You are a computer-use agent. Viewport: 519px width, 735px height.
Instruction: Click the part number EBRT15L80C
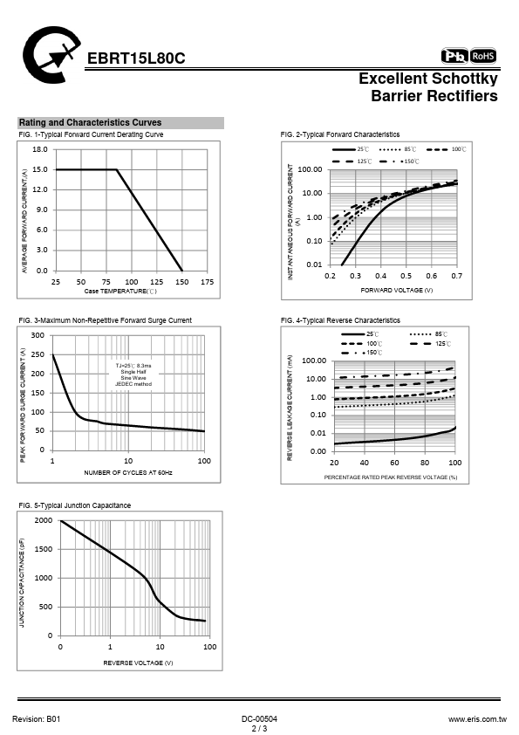click(136, 58)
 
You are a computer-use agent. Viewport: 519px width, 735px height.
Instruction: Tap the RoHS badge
click(483, 56)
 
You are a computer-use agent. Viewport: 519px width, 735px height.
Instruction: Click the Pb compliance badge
click(454, 56)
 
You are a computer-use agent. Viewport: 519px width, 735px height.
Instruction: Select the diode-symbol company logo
click(51, 55)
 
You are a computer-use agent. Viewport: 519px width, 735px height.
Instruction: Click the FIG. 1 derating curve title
click(91, 134)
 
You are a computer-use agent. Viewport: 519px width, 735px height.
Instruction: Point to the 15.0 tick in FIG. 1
click(40, 169)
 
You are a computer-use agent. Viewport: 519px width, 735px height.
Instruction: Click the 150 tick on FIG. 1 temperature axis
click(181, 282)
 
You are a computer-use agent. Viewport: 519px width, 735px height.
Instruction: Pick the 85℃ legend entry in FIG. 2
click(397, 149)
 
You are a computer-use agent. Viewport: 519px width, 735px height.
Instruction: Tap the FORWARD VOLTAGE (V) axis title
click(397, 290)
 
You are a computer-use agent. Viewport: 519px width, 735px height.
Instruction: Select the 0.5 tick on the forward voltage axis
click(406, 276)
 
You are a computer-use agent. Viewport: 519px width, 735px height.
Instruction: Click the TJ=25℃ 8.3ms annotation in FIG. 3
click(133, 366)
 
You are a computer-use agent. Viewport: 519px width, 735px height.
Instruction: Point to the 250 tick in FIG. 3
click(38, 355)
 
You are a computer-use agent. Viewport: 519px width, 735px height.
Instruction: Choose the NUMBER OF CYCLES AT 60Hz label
click(128, 472)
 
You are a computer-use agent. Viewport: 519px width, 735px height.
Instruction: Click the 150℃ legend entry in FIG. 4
click(362, 353)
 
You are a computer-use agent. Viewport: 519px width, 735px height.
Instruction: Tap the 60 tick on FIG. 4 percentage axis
click(394, 463)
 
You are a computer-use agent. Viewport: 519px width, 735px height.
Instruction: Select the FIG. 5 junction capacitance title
click(75, 505)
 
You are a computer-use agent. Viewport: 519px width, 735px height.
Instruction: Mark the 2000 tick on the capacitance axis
click(44, 520)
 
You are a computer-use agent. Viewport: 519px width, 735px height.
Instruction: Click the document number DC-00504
click(260, 719)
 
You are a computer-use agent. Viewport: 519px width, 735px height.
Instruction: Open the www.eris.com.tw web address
click(477, 719)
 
